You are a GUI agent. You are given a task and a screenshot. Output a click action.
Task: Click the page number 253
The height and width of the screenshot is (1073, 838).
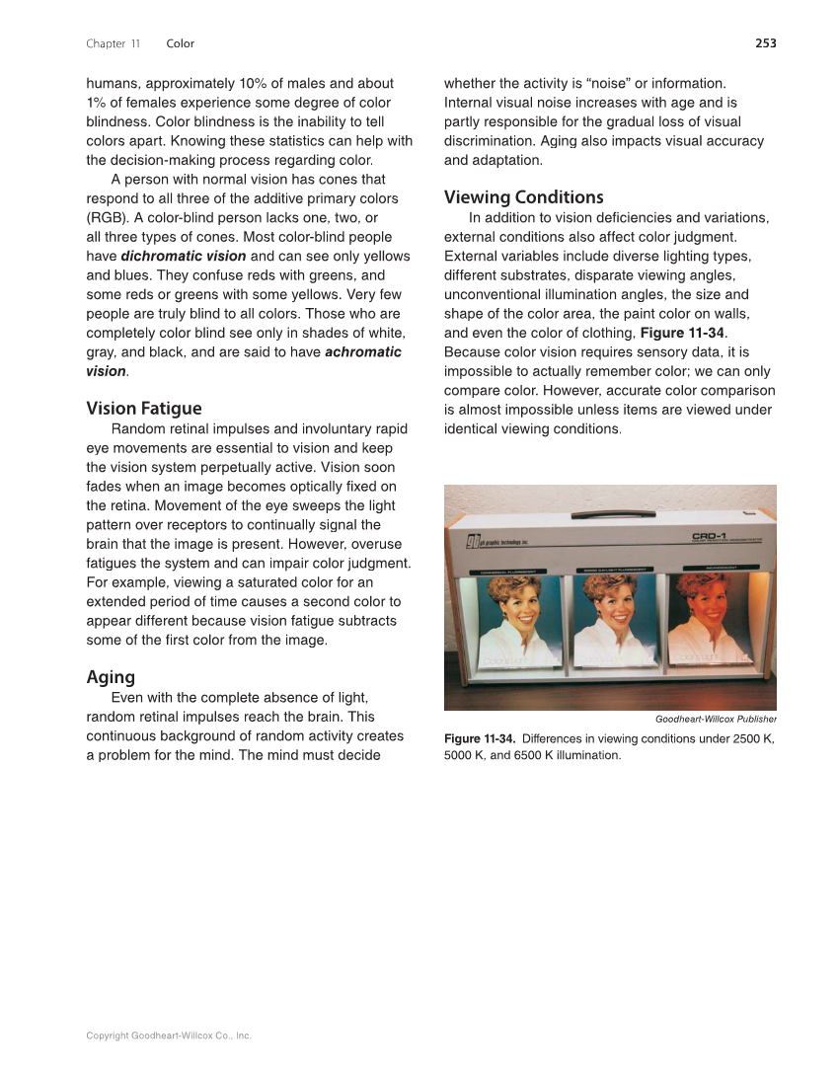click(765, 43)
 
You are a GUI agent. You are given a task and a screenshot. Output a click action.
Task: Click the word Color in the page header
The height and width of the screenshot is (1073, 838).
click(181, 43)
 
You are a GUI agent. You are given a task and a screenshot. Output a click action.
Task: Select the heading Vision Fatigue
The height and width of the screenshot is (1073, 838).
click(144, 409)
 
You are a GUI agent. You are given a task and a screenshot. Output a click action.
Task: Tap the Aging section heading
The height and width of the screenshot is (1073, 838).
click(111, 677)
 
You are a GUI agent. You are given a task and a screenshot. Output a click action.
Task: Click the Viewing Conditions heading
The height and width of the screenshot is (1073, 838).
click(523, 197)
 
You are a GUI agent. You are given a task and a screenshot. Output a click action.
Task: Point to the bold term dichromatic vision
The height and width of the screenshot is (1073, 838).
click(184, 257)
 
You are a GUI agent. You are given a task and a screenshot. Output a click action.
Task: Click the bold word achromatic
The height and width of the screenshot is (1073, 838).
click(363, 352)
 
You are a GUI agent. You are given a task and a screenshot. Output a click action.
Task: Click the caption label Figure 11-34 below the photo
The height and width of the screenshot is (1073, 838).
click(479, 739)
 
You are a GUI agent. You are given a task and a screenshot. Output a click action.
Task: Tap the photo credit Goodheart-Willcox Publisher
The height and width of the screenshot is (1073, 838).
click(716, 719)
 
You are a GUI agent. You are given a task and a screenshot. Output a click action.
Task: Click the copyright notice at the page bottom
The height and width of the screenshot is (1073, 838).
click(169, 1035)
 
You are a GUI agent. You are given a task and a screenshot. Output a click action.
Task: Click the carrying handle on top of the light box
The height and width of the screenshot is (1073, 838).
click(610, 512)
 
